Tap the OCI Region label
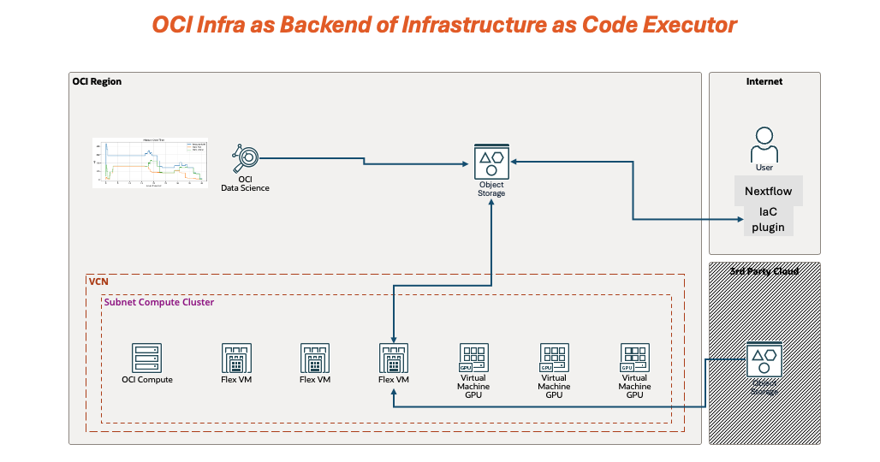97,82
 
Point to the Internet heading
764,82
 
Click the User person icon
764,144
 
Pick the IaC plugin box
768,220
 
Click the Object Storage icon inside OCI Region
491,160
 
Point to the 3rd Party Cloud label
764,271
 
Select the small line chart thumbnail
151,162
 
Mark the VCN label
98,281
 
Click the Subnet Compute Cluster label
159,302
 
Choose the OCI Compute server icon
146,358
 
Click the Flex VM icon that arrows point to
393,358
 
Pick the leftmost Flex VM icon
235,358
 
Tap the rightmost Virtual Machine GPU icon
634,356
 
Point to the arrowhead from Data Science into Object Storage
467,163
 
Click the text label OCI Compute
147,380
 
